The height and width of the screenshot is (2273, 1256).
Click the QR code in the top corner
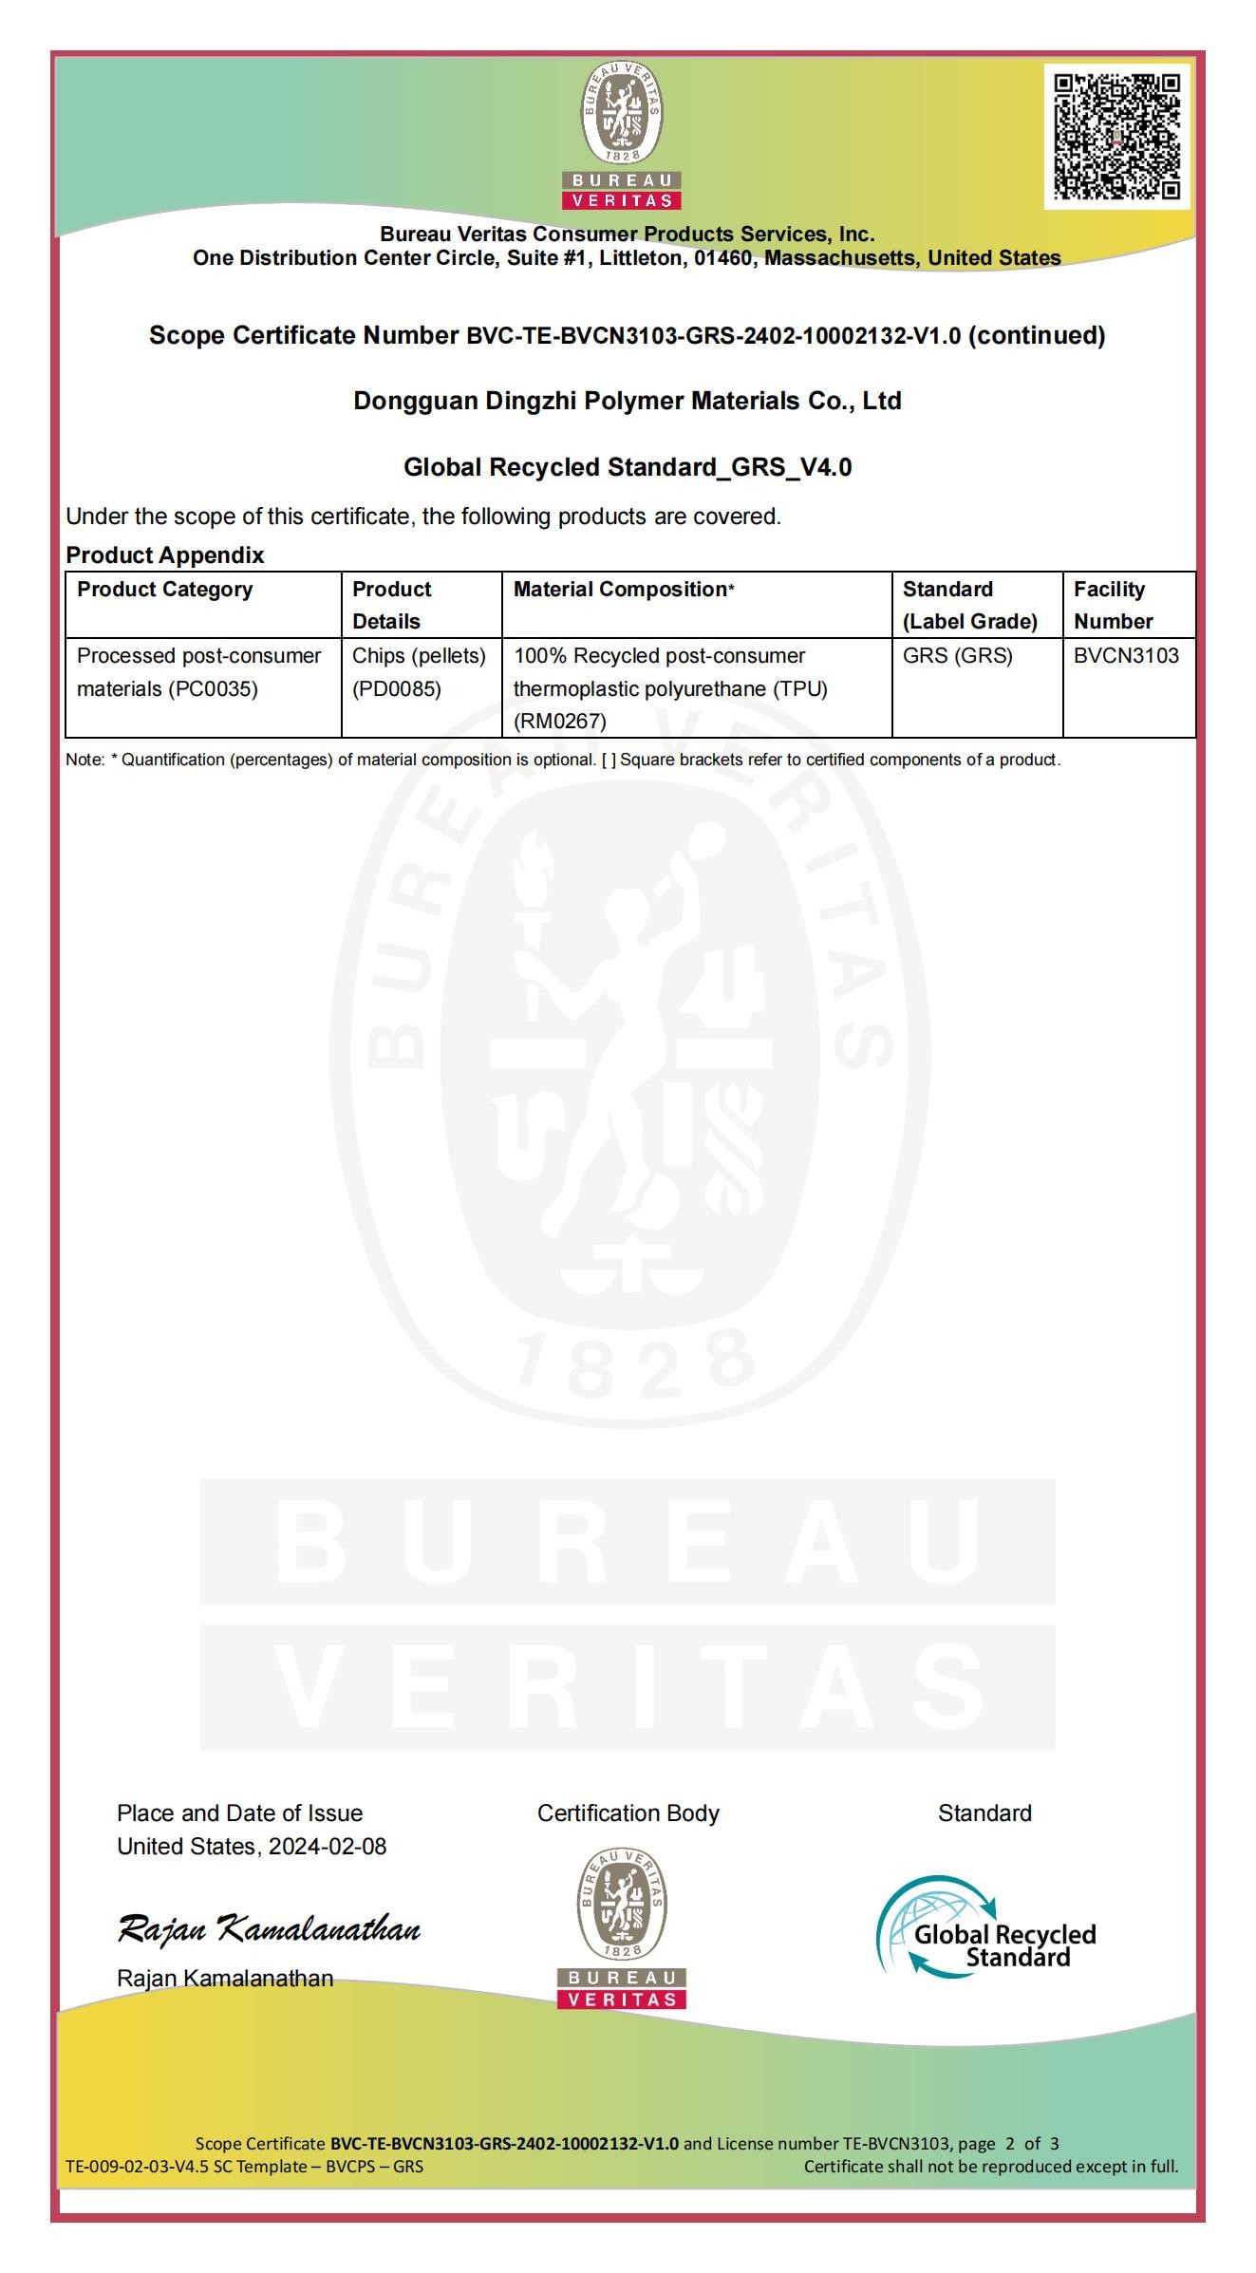coord(1116,137)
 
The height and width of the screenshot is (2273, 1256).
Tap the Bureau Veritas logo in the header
coord(622,136)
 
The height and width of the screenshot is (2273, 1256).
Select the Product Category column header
coord(165,590)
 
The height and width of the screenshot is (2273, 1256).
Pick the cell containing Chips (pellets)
coord(419,656)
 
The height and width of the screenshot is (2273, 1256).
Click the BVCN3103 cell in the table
coord(1126,656)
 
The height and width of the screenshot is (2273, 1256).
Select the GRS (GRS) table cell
coord(957,656)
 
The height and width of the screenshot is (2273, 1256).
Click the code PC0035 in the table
coord(213,689)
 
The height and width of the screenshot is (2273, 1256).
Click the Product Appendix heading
coord(165,555)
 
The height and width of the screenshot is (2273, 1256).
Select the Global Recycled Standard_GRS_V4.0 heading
coord(628,468)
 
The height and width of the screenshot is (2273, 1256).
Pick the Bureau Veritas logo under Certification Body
coord(622,1928)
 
